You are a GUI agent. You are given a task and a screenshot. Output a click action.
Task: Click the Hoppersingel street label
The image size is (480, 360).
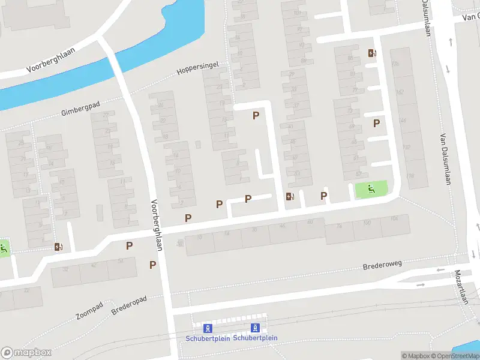click(198, 68)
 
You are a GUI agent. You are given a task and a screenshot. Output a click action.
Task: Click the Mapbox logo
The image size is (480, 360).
click(26, 353)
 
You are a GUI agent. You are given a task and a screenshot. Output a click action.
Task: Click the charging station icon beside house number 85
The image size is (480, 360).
click(372, 53)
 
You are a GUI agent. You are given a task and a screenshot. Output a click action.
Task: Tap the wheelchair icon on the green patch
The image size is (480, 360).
click(371, 190)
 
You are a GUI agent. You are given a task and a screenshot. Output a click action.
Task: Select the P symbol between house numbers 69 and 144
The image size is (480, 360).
click(377, 123)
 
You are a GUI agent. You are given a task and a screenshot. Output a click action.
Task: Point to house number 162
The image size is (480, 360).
click(400, 92)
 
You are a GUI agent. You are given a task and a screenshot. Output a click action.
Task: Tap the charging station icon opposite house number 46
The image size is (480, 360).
click(290, 196)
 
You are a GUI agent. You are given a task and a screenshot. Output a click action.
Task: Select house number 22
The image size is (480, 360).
click(26, 290)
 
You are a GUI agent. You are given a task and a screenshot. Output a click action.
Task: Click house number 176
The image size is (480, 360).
click(394, 63)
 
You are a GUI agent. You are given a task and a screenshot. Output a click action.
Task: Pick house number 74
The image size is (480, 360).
click(339, 226)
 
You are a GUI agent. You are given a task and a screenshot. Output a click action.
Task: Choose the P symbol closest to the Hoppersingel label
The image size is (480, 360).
click(256, 115)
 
